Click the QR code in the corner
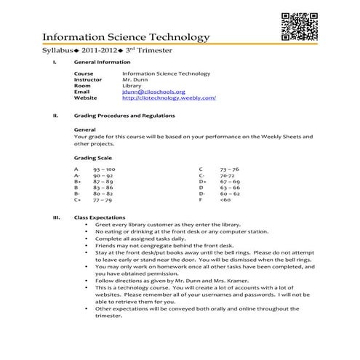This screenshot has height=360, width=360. (x=298, y=27)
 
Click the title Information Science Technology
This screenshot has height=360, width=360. (x=126, y=37)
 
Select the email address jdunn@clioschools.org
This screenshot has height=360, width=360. (x=153, y=92)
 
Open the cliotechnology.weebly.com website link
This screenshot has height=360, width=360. (x=169, y=98)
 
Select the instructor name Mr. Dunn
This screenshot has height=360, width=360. (x=135, y=79)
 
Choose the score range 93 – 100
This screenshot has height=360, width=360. (x=104, y=169)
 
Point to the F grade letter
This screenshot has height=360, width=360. (x=200, y=200)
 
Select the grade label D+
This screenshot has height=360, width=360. (x=202, y=181)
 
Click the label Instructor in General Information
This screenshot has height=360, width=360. (x=88, y=79)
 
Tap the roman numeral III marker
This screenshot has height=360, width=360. (x=56, y=217)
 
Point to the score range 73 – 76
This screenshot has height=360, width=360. (x=229, y=169)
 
